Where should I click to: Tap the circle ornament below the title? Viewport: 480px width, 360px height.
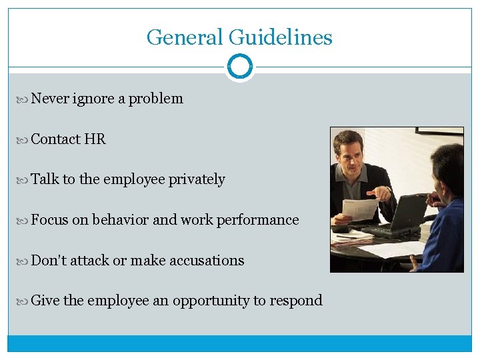240,67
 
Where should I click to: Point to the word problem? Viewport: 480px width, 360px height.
155,99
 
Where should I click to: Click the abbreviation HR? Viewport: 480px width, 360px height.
95,139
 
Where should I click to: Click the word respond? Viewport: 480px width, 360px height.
295,301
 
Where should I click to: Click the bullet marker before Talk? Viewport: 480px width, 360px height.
25,180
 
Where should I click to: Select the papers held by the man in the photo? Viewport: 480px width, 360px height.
360,208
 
